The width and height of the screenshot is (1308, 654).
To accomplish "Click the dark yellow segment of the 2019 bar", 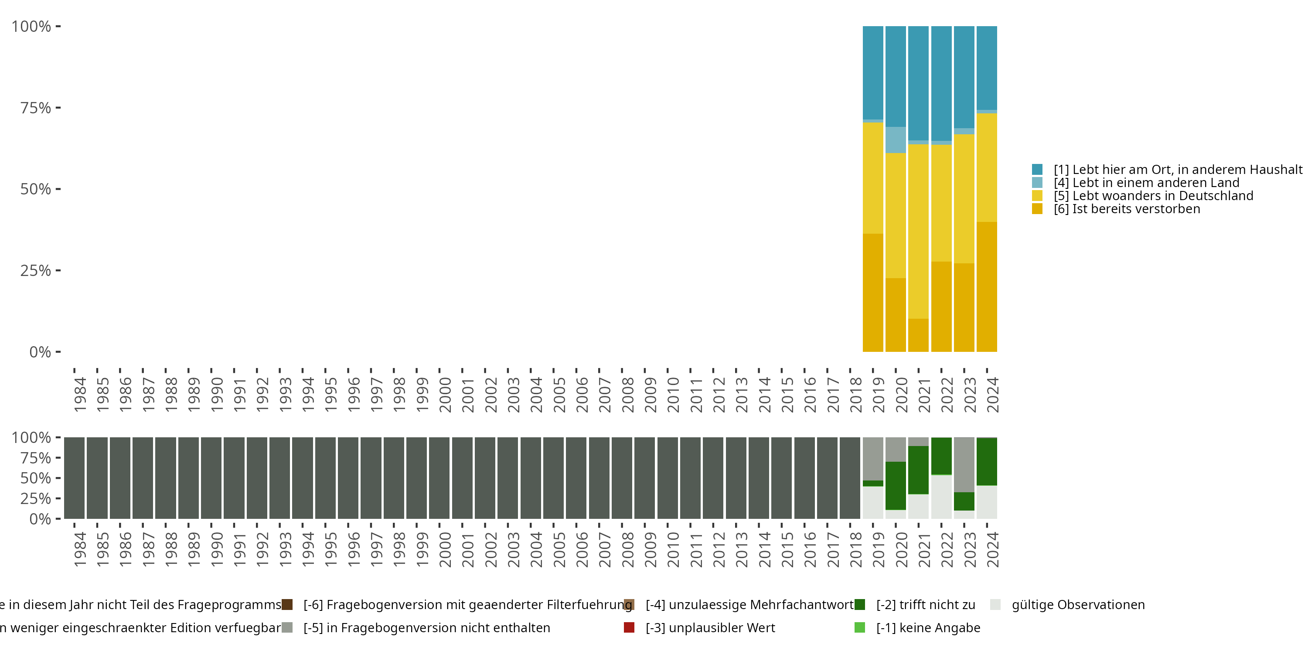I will (x=873, y=293).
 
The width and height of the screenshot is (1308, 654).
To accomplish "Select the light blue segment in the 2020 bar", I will (x=896, y=140).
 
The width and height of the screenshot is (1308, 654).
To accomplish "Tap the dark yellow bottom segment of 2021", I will (x=918, y=335).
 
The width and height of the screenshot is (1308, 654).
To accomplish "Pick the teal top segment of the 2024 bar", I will (x=987, y=68).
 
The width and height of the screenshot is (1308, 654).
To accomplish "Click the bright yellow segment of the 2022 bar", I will (x=941, y=203).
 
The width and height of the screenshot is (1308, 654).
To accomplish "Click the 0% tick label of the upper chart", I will (x=40, y=352).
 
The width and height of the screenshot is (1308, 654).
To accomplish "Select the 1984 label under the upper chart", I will (x=80, y=395).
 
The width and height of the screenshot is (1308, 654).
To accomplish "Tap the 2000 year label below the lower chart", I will (x=445, y=550).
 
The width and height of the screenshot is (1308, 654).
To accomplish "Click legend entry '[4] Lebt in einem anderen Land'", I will (x=1146, y=183).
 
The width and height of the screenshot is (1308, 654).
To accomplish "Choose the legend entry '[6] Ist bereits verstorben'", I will (x=1127, y=209).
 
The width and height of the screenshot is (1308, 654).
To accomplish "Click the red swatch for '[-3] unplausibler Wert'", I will (x=629, y=627).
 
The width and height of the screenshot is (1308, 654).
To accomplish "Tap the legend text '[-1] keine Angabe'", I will (x=928, y=627).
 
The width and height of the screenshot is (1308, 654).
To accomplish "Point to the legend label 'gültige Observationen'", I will (x=1078, y=605).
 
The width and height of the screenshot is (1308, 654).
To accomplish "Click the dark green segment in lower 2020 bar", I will (x=896, y=485).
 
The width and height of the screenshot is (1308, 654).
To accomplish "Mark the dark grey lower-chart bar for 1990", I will (x=211, y=478).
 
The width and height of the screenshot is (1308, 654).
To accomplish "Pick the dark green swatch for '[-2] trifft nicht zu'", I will (x=860, y=605).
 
